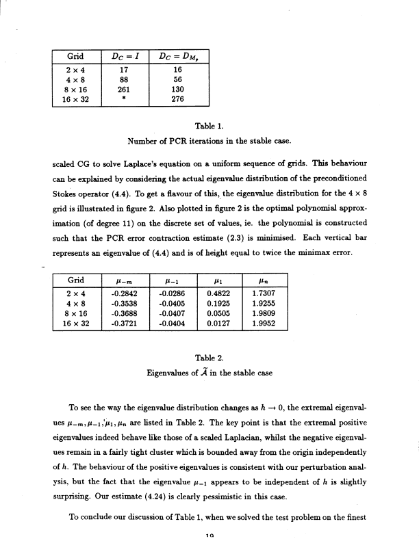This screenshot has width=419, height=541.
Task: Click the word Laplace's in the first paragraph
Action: pos(137,165)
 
